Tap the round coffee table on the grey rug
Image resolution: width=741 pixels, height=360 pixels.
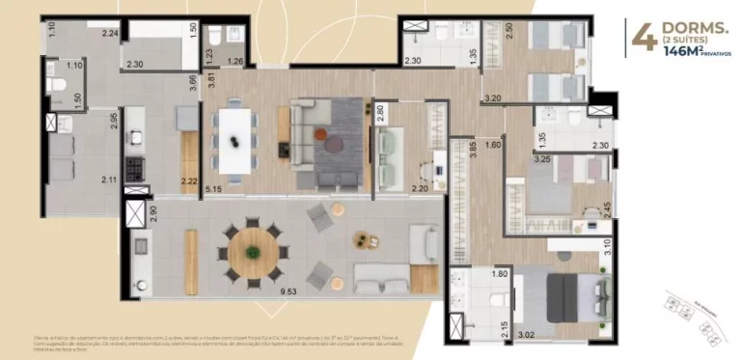(333, 144)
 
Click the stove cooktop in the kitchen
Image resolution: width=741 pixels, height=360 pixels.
(136, 168)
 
